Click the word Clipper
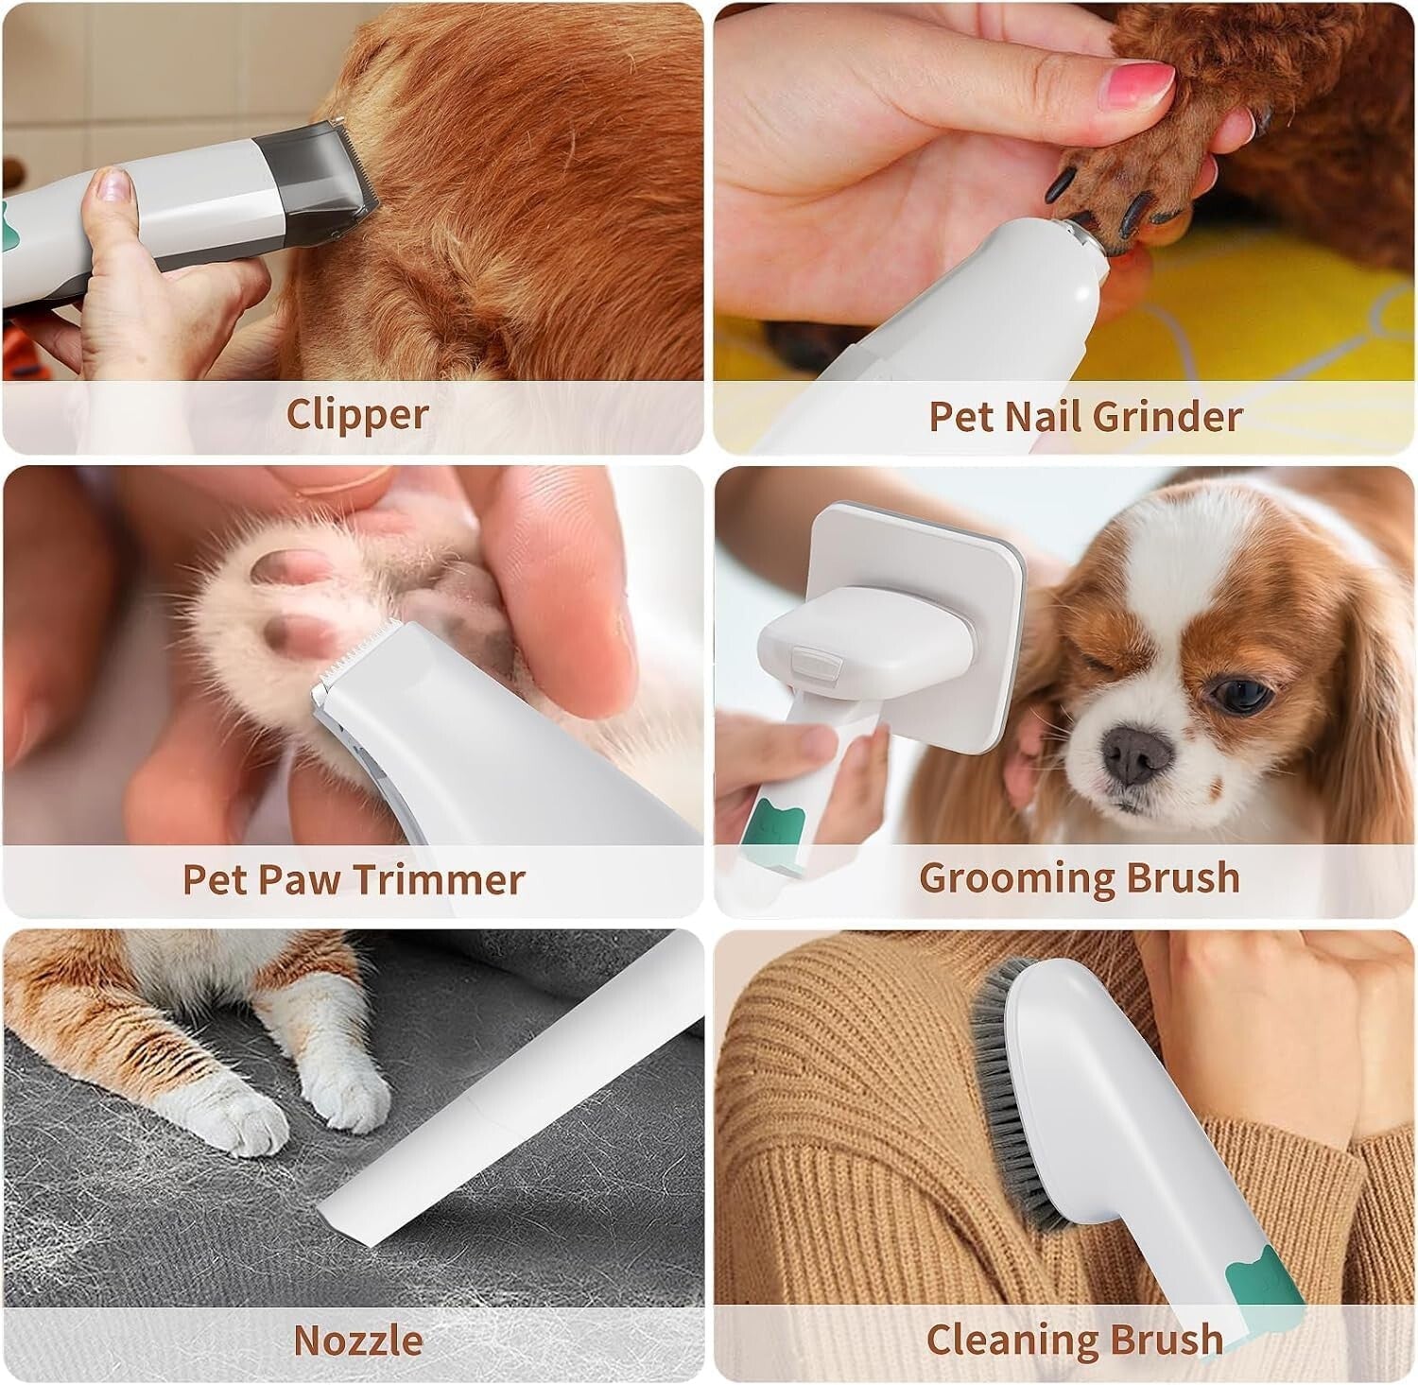coord(356,414)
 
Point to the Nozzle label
coord(357,1340)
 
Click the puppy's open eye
coord(1239,695)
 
